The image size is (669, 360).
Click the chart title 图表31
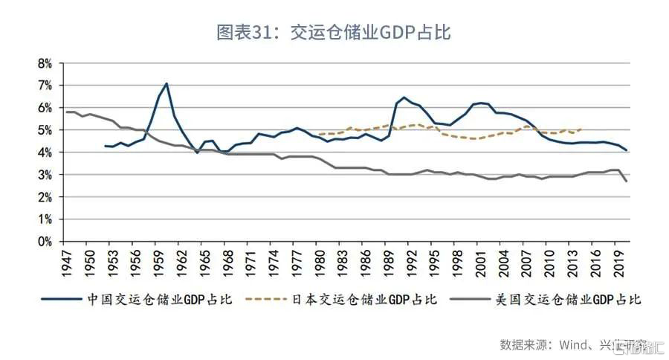click(x=334, y=32)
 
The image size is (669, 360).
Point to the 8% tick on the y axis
click(x=45, y=63)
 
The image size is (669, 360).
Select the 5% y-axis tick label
click(x=45, y=130)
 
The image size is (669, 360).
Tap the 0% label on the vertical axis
click(x=45, y=242)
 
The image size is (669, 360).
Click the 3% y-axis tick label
click(x=45, y=175)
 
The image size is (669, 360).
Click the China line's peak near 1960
click(x=167, y=83)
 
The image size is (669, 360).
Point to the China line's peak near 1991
click(x=404, y=97)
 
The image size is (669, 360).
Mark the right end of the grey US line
click(x=627, y=181)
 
